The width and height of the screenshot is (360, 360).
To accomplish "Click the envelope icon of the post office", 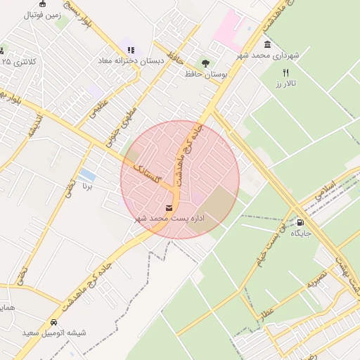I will [x=169, y=207].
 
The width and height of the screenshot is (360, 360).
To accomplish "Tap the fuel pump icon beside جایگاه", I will [x=302, y=222].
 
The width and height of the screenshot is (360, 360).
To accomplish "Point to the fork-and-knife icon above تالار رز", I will [x=285, y=72].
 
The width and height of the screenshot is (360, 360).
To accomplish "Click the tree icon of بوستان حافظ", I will [x=205, y=63].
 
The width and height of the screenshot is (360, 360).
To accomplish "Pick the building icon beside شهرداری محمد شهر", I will [x=249, y=44].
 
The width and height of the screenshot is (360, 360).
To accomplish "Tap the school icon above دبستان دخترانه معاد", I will [x=131, y=50].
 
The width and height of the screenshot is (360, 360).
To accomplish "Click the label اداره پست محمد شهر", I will [x=169, y=219].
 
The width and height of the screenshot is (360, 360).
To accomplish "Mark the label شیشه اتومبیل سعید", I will [x=54, y=333].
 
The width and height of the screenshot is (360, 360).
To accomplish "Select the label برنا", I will [x=87, y=186].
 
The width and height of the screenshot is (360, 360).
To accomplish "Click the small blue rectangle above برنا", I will [x=88, y=174].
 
